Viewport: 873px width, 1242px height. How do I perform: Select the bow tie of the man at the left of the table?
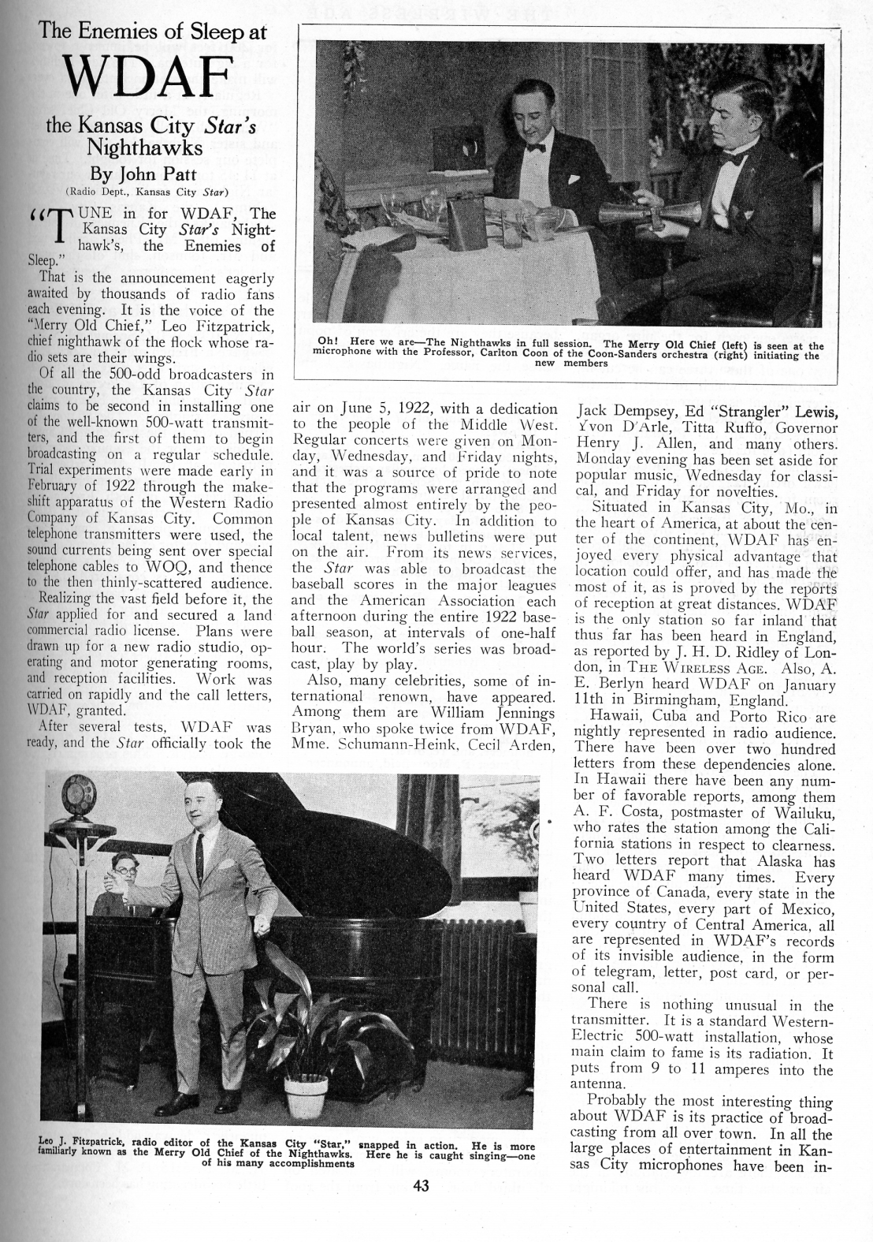(x=537, y=147)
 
